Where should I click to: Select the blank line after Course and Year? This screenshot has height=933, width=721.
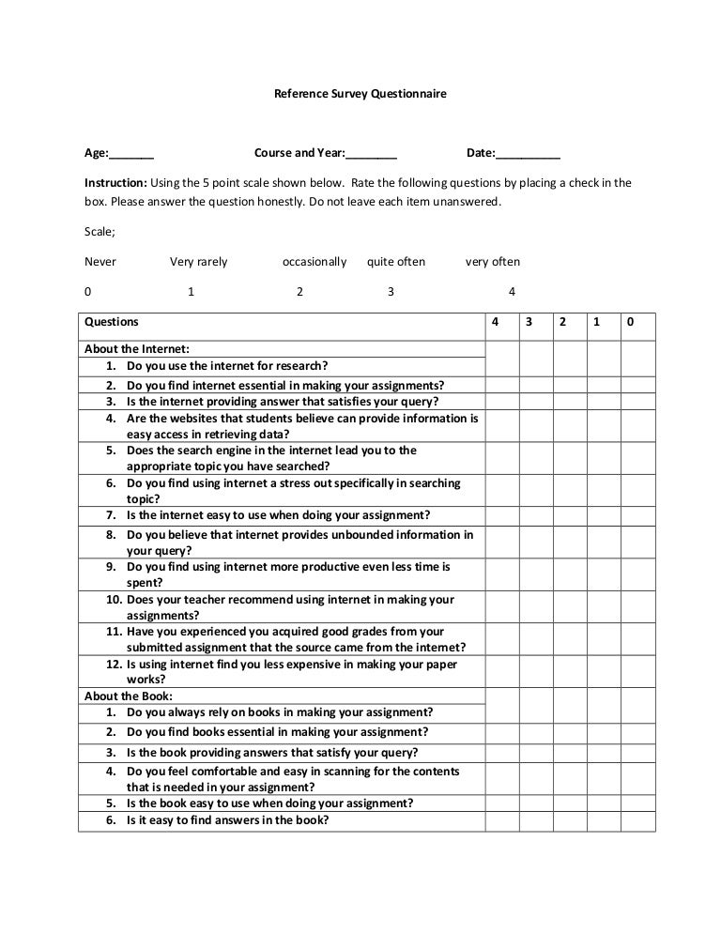(x=371, y=155)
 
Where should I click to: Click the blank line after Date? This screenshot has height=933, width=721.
(x=527, y=155)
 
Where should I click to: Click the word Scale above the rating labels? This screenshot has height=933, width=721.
(x=100, y=231)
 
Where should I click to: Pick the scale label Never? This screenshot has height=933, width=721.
(x=100, y=262)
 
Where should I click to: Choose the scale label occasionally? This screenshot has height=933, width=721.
(x=314, y=262)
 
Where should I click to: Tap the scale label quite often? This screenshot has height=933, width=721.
(x=395, y=262)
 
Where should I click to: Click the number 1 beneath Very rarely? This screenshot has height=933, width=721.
(x=191, y=292)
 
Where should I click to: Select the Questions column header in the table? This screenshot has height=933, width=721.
(x=112, y=322)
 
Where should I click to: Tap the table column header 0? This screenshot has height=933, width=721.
(x=631, y=322)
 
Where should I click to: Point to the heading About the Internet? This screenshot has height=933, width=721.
(x=136, y=348)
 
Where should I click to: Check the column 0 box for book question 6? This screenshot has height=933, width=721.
(x=637, y=820)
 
